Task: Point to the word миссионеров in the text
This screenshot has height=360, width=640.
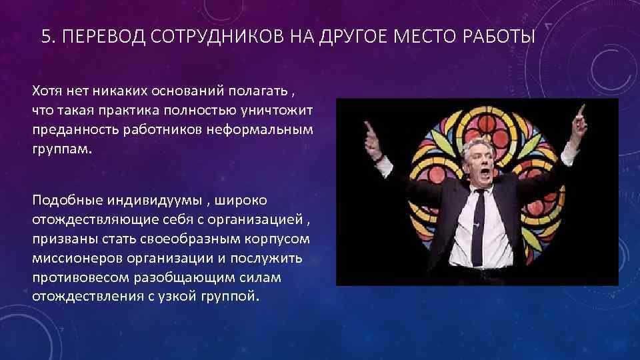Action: click(70, 257)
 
